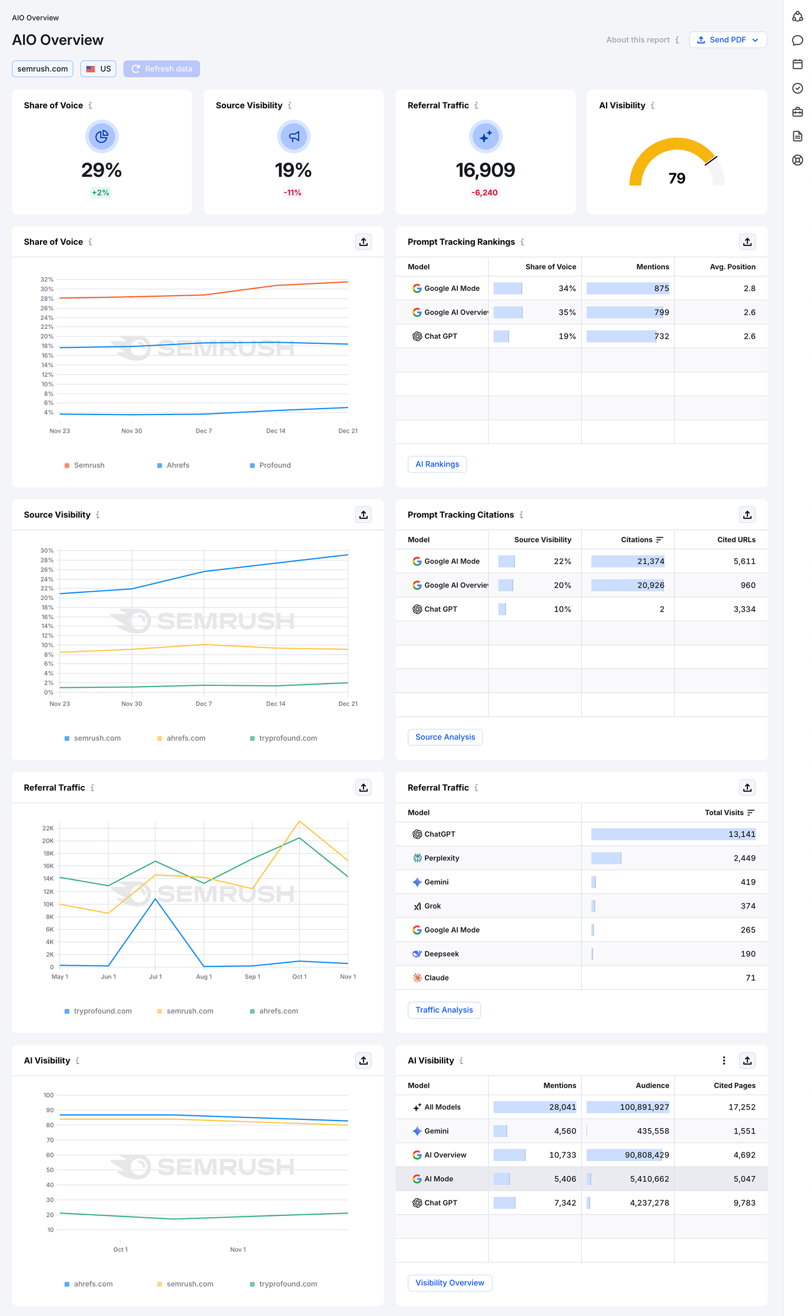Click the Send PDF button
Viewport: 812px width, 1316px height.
[x=727, y=40]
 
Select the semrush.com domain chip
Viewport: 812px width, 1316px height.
[x=42, y=69]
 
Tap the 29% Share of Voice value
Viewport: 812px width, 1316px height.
[x=101, y=170]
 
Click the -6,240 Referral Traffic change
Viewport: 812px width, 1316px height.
[x=485, y=193]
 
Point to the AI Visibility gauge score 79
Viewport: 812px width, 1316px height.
[x=677, y=178]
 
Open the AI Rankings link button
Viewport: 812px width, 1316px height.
[x=437, y=464]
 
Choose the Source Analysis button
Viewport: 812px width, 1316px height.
[x=445, y=737]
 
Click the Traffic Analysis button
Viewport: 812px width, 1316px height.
[x=444, y=1010]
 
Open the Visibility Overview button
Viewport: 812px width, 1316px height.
[x=450, y=1282]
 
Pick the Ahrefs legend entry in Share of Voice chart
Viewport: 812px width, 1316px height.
[x=178, y=465]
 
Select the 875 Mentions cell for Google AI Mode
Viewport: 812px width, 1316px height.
[x=661, y=289]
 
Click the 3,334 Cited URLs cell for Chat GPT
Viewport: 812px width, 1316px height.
[x=744, y=609]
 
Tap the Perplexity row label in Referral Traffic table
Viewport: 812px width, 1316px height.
[x=441, y=858]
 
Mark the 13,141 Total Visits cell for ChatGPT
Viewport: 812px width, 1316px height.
[x=741, y=834]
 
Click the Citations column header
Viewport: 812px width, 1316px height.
[x=637, y=539]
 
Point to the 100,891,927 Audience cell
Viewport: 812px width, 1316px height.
[x=644, y=1107]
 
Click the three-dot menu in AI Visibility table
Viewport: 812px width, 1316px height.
[x=724, y=1060]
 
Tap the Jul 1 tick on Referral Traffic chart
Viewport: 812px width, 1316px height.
[x=155, y=977]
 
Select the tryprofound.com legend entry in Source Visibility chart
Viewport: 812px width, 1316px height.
[x=288, y=738]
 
